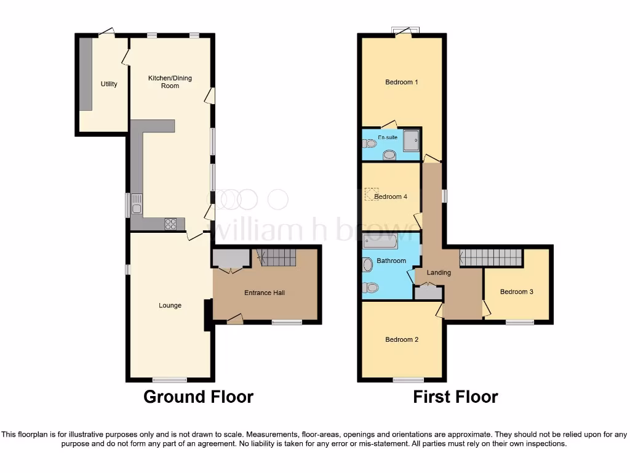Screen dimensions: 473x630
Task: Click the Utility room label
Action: click(x=109, y=84)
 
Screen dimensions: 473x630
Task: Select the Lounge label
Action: click(x=170, y=305)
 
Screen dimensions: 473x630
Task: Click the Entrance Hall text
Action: click(x=265, y=293)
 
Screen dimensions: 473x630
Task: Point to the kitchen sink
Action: click(x=137, y=204)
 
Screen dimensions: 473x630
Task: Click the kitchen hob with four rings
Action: click(x=170, y=224)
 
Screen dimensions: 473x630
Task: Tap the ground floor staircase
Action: click(x=276, y=257)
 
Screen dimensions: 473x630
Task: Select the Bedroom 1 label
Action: click(x=402, y=82)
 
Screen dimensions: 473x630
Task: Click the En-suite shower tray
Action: click(x=411, y=140)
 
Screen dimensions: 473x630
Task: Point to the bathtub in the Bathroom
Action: click(x=380, y=241)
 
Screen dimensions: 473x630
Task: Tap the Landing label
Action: click(x=439, y=273)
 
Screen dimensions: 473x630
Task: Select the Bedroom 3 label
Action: click(x=516, y=292)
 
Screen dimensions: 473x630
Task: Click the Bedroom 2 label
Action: click(x=402, y=339)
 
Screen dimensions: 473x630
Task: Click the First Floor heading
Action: click(x=455, y=397)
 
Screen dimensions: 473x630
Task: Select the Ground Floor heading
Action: click(x=198, y=397)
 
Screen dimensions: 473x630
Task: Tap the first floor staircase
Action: click(x=491, y=257)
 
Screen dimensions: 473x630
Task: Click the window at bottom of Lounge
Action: click(x=170, y=379)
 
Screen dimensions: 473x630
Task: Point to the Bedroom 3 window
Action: click(x=520, y=321)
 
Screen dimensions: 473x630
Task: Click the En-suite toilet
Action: click(x=370, y=144)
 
